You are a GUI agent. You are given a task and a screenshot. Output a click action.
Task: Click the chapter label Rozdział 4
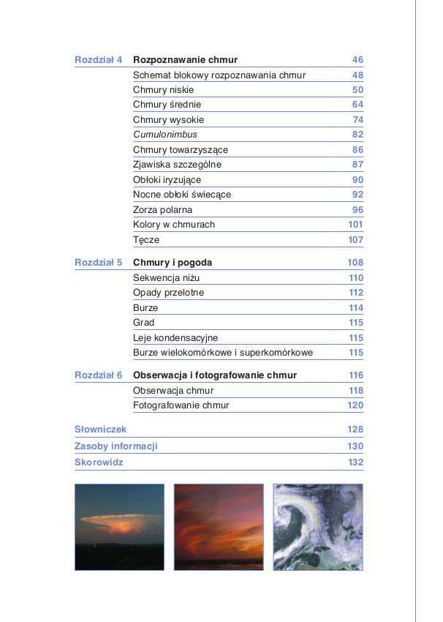pyautogui.click(x=98, y=60)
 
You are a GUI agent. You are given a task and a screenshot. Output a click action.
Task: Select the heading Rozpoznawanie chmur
pyautogui.click(x=185, y=60)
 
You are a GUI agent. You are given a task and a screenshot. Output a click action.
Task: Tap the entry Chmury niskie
pyautogui.click(x=159, y=90)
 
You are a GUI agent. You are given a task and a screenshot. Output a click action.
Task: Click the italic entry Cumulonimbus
pyautogui.click(x=165, y=135)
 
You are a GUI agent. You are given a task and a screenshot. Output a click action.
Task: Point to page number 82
pyautogui.click(x=357, y=135)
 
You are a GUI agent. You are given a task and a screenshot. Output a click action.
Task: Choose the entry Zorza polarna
pyautogui.click(x=162, y=210)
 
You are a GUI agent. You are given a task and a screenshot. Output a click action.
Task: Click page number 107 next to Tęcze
pyautogui.click(x=355, y=240)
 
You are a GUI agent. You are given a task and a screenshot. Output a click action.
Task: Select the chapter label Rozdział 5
pyautogui.click(x=98, y=263)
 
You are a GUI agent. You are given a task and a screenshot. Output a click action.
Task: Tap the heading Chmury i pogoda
pyautogui.click(x=173, y=263)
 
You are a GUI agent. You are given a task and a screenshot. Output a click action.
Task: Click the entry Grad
pyautogui.click(x=144, y=323)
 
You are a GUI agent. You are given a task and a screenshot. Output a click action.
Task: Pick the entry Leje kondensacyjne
pyautogui.click(x=175, y=338)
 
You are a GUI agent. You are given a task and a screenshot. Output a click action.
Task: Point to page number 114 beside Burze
pyautogui.click(x=355, y=308)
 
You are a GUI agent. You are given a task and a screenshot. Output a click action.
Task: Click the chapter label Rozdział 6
pyautogui.click(x=98, y=375)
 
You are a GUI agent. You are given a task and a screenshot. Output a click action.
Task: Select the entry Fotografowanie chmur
pyautogui.click(x=181, y=405)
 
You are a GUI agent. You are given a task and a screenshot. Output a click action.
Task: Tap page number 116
pyautogui.click(x=355, y=375)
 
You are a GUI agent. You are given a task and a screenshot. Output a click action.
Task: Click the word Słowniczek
pyautogui.click(x=101, y=430)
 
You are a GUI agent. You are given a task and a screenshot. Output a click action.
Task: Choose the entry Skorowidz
pyautogui.click(x=99, y=462)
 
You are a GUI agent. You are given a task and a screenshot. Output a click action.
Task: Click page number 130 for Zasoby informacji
pyautogui.click(x=355, y=446)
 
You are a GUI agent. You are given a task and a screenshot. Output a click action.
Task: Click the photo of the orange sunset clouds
pyautogui.click(x=219, y=527)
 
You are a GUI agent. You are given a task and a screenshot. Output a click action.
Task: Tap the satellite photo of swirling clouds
pyautogui.click(x=318, y=527)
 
